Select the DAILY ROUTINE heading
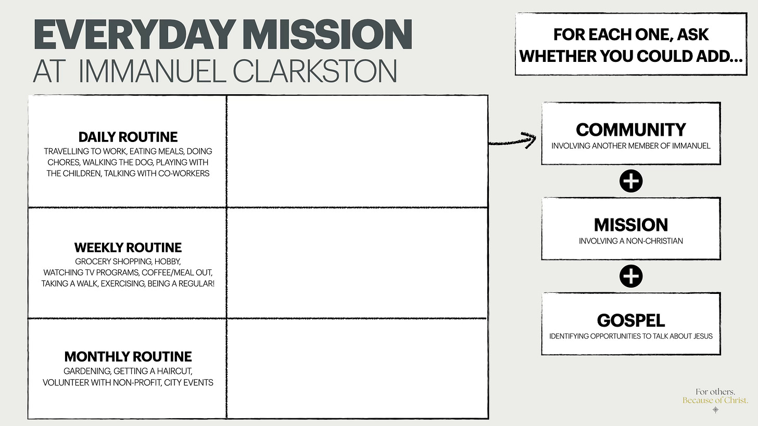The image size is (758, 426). (128, 137)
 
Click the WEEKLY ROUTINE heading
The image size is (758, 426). (128, 247)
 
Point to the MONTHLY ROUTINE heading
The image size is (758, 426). (128, 357)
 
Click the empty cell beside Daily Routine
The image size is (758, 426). (357, 151)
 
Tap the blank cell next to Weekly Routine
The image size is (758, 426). (357, 263)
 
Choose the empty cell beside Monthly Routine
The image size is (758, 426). (357, 368)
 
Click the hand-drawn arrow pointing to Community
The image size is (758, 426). (513, 139)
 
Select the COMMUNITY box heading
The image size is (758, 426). (631, 130)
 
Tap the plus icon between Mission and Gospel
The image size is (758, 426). (631, 276)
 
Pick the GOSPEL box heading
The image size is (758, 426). (631, 320)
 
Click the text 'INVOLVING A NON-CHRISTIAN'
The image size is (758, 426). (631, 241)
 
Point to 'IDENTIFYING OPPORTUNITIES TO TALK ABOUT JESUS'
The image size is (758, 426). (631, 336)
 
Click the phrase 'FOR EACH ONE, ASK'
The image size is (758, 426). (631, 35)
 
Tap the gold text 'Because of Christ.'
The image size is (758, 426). (715, 401)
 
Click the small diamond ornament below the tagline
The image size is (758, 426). (716, 410)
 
